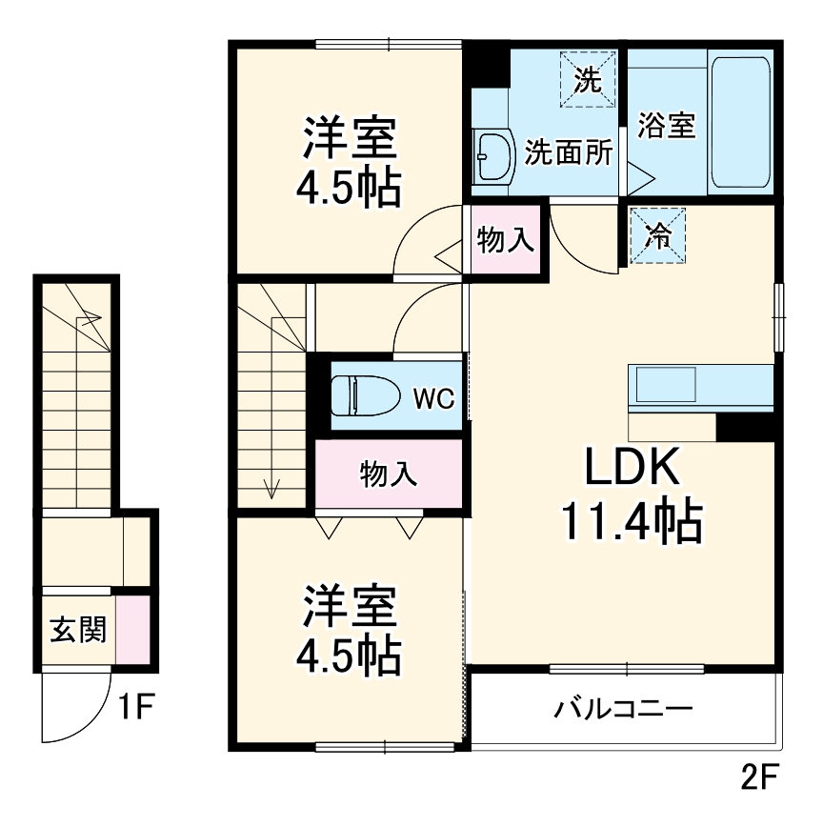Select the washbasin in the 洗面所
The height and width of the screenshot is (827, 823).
tap(493, 155)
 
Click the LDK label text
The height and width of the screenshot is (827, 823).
tap(632, 469)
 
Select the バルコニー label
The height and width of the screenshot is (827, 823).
tap(623, 710)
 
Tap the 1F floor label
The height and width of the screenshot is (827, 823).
tap(136, 707)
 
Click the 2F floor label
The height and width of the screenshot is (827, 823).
tap(759, 778)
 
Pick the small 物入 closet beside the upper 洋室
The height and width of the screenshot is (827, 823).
tap(505, 241)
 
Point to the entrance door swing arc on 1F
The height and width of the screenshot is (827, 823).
tap(71, 710)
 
